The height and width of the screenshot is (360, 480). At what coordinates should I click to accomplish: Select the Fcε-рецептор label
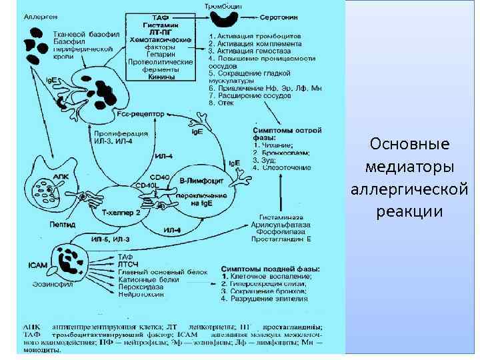140,114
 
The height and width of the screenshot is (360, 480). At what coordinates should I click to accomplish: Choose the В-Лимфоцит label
197,181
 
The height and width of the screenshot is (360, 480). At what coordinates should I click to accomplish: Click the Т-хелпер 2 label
122,212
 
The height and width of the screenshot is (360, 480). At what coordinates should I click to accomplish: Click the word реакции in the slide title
409,211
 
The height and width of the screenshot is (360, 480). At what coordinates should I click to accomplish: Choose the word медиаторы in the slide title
409,166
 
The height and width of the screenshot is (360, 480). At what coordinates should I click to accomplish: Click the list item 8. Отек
221,103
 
